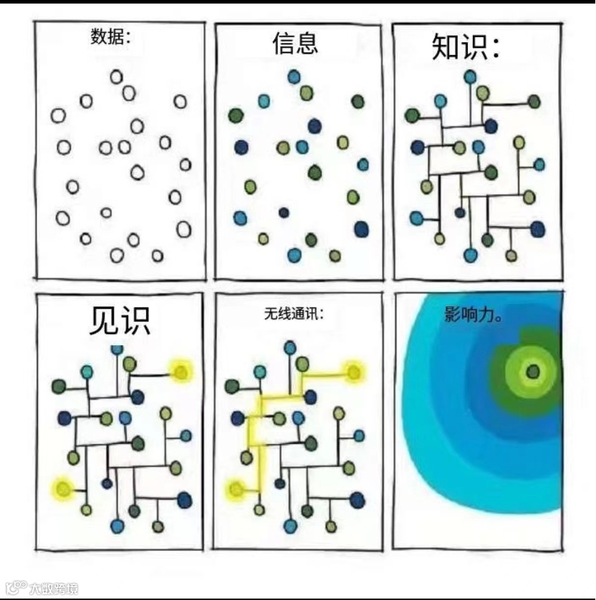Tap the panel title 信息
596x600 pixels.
(294, 44)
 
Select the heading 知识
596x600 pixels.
(464, 48)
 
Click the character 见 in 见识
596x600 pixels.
(103, 320)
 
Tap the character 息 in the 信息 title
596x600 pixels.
(306, 44)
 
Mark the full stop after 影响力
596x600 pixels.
(499, 320)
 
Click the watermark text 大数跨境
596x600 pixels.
(54, 589)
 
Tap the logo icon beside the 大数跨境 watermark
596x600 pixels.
(16, 588)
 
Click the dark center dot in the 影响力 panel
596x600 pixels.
(532, 371)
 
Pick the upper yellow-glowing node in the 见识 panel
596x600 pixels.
(181, 371)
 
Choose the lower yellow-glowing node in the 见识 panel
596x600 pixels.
(62, 489)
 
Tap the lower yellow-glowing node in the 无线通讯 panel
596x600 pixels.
(236, 490)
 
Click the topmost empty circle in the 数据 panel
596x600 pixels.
(116, 77)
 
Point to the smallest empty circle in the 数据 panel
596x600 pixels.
(106, 213)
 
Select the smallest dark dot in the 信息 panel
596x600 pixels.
(284, 213)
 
